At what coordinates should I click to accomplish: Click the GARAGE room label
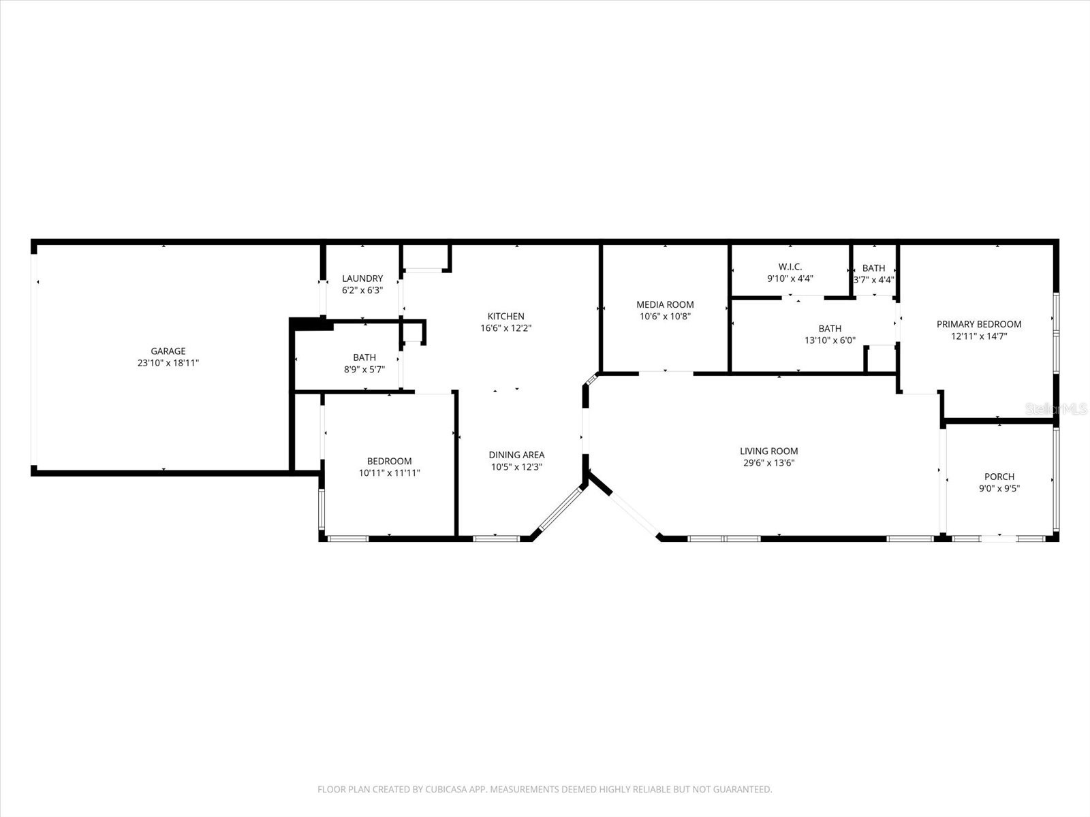[168, 351]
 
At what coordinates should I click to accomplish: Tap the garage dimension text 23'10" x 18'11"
[168, 364]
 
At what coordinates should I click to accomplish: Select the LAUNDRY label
[362, 278]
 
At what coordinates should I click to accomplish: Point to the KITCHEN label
[505, 317]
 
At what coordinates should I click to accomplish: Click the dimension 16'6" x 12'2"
[505, 328]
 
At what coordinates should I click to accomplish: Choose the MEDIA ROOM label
[665, 305]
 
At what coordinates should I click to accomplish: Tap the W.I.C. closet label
[790, 267]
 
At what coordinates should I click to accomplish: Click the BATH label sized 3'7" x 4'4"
[873, 268]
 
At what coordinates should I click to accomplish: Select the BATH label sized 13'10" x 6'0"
[830, 329]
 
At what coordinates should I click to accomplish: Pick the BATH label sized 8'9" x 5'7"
[364, 357]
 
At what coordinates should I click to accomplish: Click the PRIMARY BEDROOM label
[978, 324]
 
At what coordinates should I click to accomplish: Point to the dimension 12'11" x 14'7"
[978, 336]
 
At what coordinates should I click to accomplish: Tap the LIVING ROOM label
[768, 451]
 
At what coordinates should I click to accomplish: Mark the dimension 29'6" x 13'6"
[768, 463]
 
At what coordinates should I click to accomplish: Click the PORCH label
[999, 477]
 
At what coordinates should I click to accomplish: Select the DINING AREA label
[516, 455]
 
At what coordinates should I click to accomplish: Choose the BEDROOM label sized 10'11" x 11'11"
[389, 461]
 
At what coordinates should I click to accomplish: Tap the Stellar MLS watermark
[1056, 408]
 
